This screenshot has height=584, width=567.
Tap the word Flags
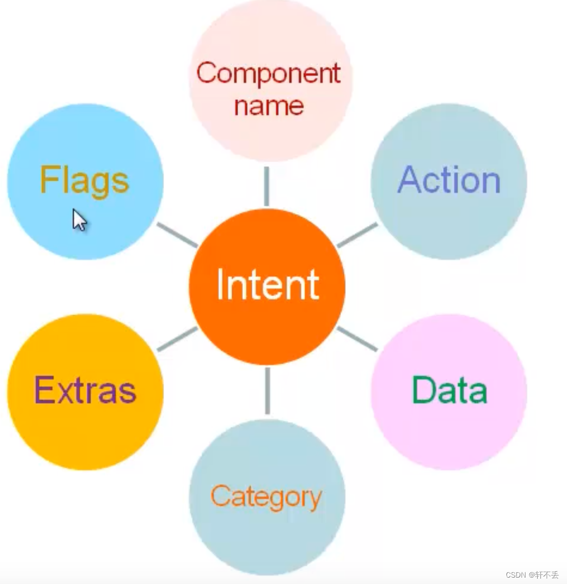coord(84,181)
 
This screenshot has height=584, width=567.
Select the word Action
coord(449,181)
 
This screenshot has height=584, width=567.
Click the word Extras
coord(85,391)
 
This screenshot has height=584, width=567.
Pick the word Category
coord(266,497)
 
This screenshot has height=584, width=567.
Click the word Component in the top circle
coord(268,73)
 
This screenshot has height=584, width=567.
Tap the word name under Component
coord(269,105)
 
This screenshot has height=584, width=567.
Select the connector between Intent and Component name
coord(266,186)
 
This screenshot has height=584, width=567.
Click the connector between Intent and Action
coord(358,235)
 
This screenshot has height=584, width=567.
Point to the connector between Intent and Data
coord(357,338)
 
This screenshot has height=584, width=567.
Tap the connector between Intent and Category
coord(267,391)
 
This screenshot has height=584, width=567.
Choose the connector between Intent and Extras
coord(177,339)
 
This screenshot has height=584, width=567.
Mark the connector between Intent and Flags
coord(177,235)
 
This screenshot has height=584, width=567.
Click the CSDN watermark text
coord(532,575)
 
